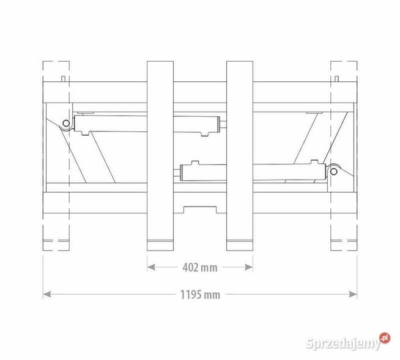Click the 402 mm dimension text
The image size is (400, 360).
pyautogui.click(x=200, y=267)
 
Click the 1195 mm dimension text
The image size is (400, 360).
pyautogui.click(x=200, y=295)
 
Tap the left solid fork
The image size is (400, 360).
pyautogui.click(x=160, y=156)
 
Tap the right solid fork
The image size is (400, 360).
pyautogui.click(x=240, y=156)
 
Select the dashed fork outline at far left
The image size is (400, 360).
pyautogui.click(x=56, y=156)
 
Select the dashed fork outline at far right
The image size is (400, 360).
pyautogui.click(x=344, y=156)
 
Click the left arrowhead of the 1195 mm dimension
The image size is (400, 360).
pyautogui.click(x=46, y=295)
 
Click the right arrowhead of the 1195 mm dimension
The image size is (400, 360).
pyautogui.click(x=354, y=295)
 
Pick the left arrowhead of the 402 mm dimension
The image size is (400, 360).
pyautogui.click(x=150, y=267)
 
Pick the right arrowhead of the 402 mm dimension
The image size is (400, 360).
pyautogui.click(x=250, y=267)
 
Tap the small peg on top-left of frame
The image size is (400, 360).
pyautogui.click(x=64, y=78)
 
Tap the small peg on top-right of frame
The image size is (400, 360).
pyautogui.click(x=336, y=78)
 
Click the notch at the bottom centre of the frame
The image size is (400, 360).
pyautogui.click(x=200, y=210)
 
